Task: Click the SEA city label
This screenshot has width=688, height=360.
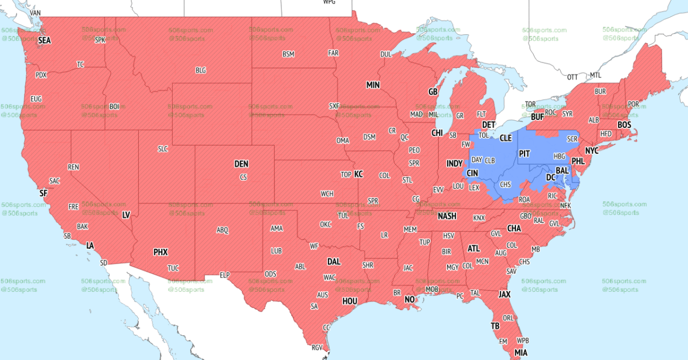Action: tap(44, 41)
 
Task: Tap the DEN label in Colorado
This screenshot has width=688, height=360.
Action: tap(241, 164)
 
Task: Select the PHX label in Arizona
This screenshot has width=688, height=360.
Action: tap(161, 252)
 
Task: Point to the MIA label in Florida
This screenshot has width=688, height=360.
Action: tap(521, 352)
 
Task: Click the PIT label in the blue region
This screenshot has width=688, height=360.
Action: tap(524, 154)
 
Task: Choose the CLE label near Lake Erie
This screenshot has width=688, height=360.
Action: tap(506, 138)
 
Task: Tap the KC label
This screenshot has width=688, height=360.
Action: tap(358, 174)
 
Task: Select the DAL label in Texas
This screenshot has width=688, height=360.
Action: tap(334, 261)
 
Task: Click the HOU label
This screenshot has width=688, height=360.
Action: tap(350, 300)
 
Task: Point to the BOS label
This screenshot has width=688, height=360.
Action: tap(624, 124)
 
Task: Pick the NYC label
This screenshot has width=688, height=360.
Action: tap(592, 150)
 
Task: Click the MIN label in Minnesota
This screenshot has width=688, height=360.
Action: tap(373, 85)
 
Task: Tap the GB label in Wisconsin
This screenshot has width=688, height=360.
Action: tap(433, 92)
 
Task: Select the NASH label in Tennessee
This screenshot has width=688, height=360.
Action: tap(447, 216)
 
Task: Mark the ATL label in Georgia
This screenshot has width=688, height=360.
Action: tap(474, 249)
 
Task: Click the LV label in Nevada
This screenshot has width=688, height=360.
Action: tap(126, 215)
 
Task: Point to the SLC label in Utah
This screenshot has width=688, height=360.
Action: tap(163, 149)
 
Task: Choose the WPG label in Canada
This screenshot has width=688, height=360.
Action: tap(329, 2)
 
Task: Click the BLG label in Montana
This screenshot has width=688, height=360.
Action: tap(201, 70)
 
